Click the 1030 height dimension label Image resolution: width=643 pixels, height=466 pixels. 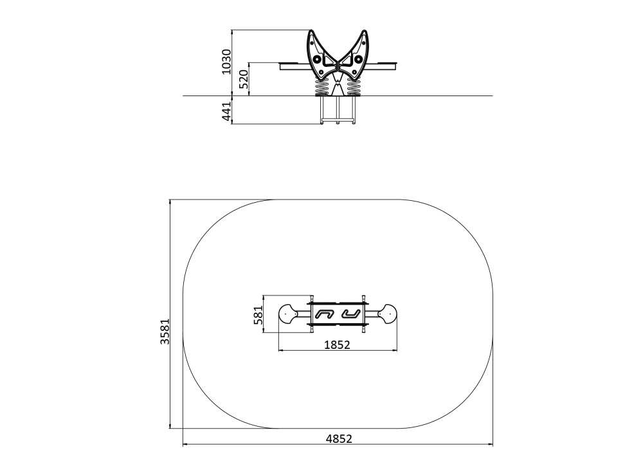pyautogui.click(x=226, y=62)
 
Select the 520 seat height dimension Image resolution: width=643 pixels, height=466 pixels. pyautogui.click(x=244, y=79)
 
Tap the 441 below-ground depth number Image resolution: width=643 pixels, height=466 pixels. pyautogui.click(x=226, y=111)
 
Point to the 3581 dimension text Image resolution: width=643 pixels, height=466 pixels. pyautogui.click(x=165, y=331)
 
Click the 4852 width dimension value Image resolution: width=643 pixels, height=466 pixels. pyautogui.click(x=339, y=439)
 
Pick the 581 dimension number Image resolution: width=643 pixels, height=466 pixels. pyautogui.click(x=258, y=315)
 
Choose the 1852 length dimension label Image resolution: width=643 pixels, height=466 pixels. pyautogui.click(x=337, y=345)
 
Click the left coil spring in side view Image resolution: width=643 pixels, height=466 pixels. pyautogui.click(x=322, y=87)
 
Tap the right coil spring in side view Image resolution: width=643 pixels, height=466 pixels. pyautogui.click(x=353, y=87)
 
